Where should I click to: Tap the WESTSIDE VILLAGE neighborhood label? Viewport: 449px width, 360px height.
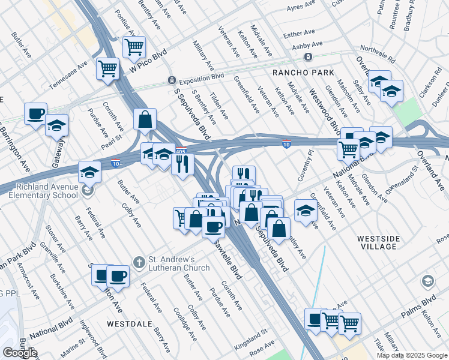pos(378,242)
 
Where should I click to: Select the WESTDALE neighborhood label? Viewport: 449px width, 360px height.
pos(130,323)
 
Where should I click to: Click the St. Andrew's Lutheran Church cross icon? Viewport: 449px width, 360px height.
pos(139,262)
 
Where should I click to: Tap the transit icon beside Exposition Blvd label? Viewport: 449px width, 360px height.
pos(171,80)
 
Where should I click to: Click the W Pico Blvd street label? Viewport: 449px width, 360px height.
pos(148,62)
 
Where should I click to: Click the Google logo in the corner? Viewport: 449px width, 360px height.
pos(19,353)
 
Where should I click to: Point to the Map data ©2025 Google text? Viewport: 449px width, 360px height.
pos(411,355)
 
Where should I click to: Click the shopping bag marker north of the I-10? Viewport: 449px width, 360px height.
pos(145,119)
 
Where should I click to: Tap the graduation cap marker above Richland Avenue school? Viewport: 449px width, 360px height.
pos(89,172)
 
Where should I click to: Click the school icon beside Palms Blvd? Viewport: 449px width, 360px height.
pos(427,281)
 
